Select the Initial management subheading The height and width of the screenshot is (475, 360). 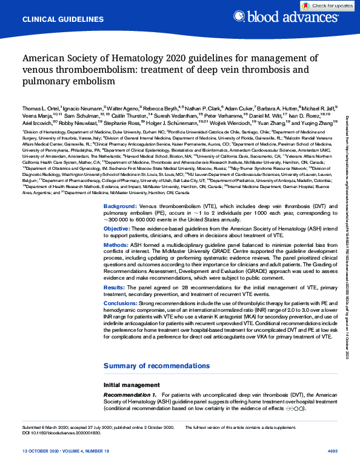tap(132, 385)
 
